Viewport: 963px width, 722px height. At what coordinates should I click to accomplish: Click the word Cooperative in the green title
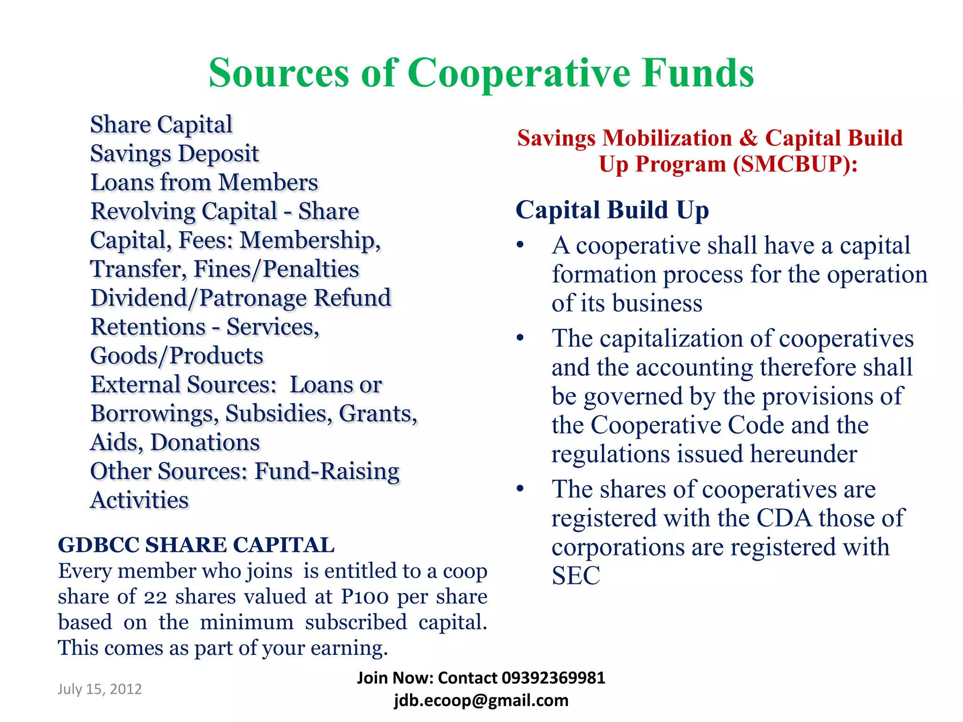[x=518, y=74]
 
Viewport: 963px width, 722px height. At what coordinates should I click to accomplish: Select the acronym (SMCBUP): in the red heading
[x=795, y=164]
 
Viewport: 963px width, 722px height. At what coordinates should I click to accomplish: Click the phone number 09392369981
[x=553, y=678]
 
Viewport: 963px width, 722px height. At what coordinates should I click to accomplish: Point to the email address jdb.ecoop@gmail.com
[x=481, y=700]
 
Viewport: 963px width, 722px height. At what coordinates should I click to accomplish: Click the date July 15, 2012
[x=100, y=689]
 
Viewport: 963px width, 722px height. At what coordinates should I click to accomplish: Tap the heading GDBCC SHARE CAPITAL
[x=196, y=545]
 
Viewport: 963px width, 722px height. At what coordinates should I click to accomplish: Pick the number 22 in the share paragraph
[x=155, y=597]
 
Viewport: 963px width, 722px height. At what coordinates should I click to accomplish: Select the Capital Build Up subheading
[x=612, y=210]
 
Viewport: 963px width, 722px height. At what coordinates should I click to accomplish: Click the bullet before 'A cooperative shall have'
[x=520, y=245]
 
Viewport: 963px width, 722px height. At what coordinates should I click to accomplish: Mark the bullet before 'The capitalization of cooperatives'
[x=520, y=338]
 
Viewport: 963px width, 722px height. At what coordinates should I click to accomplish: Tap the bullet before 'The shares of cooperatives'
[x=520, y=489]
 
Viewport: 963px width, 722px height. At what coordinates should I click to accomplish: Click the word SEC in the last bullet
[x=576, y=576]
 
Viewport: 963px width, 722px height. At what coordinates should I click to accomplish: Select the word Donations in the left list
[x=205, y=442]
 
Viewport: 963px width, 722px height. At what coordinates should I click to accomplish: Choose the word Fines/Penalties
[x=276, y=269]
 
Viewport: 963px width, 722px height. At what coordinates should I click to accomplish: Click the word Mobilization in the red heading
[x=667, y=138]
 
